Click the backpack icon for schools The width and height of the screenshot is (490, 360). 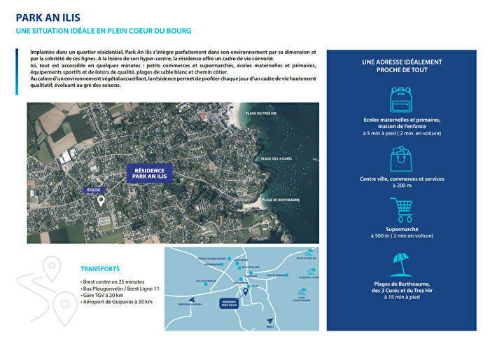(401, 100)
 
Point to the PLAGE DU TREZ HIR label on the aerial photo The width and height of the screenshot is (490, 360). (261, 113)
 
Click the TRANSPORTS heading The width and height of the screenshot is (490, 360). (100, 269)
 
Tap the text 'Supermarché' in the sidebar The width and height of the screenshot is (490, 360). (401, 229)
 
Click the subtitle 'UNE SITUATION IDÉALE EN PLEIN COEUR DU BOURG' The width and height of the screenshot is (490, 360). (104, 32)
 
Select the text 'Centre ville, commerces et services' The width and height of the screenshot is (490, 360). (402, 179)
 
